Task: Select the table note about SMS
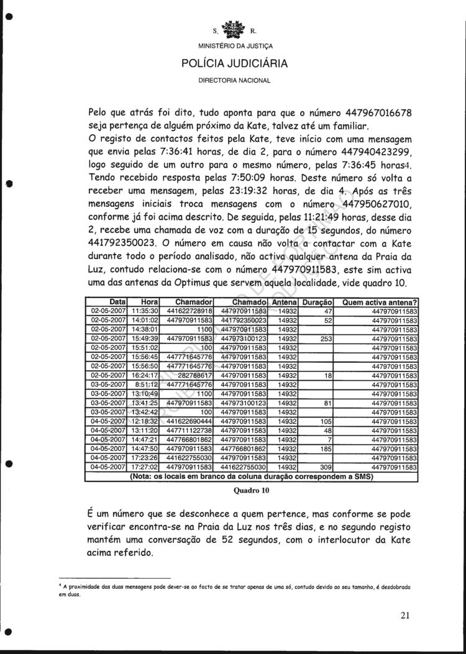tap(251, 476)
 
